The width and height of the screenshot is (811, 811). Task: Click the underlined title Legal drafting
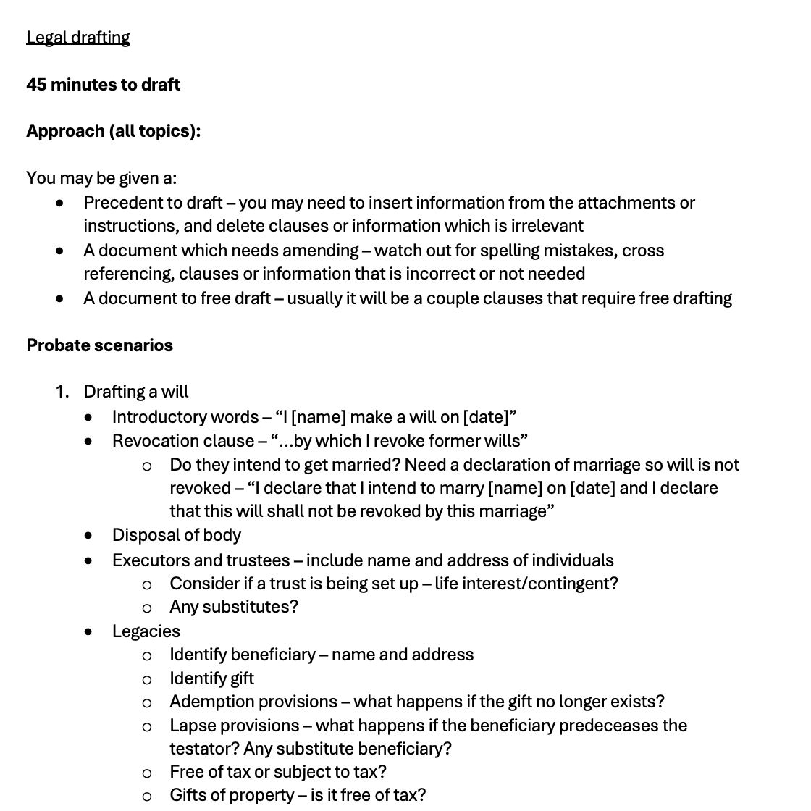point(77,38)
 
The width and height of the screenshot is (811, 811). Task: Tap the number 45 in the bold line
point(36,85)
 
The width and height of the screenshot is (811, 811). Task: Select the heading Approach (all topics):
point(113,131)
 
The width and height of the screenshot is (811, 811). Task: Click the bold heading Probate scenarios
point(99,345)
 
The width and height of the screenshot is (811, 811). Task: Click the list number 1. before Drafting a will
point(62,392)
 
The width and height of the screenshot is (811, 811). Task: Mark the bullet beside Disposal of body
point(88,536)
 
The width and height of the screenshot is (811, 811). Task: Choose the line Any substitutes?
point(233,607)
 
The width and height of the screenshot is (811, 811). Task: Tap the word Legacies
point(146,631)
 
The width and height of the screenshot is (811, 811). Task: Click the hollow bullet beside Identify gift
point(147,679)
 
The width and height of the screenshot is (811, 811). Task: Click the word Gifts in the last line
point(190,795)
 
